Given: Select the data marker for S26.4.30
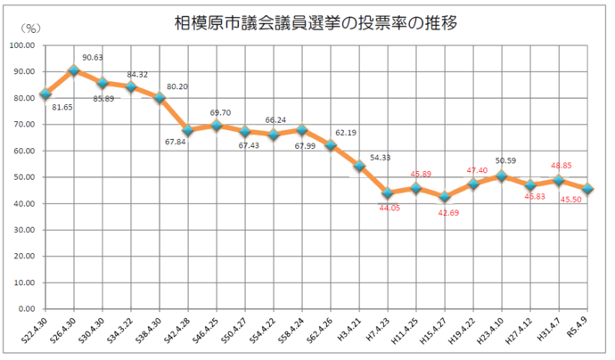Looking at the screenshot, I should tap(74, 70).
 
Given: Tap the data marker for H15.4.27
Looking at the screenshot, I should tap(445, 197).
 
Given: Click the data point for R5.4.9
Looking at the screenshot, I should tap(587, 189).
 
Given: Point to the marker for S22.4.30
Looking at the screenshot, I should tap(45, 94).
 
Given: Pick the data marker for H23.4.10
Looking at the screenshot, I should tap(502, 176).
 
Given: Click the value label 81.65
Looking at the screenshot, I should tap(63, 108).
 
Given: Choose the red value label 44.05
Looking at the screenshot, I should tap(391, 209).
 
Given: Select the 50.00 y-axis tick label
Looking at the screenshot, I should tap(23, 177).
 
